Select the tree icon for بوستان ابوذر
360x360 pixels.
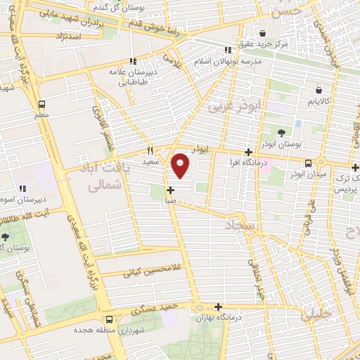[x=281, y=132]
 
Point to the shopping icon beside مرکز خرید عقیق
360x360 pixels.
[x=262, y=33]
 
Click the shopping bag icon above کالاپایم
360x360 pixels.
[x=320, y=90]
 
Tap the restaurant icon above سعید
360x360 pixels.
[x=150, y=151]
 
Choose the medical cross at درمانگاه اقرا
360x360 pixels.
[x=248, y=152]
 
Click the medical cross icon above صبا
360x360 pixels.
[x=171, y=190]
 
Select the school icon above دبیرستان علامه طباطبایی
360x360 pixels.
[x=131, y=61]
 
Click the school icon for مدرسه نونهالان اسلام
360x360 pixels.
[x=227, y=50]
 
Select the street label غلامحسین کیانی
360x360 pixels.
[x=151, y=269]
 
